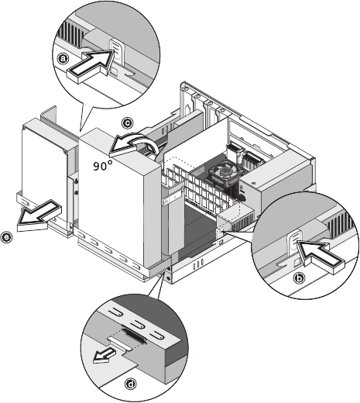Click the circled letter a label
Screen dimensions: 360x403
(63, 59)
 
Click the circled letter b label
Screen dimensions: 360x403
(300, 278)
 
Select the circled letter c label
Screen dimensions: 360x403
(127, 123)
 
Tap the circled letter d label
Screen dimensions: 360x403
(131, 384)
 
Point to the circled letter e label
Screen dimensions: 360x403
(6, 237)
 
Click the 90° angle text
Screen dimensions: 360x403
(103, 165)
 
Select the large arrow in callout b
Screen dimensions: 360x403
(320, 257)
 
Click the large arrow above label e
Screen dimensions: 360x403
(39, 215)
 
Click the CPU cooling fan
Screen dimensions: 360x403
(223, 171)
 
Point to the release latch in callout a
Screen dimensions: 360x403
(116, 51)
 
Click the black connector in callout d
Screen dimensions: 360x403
(135, 336)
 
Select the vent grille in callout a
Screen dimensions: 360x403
(69, 33)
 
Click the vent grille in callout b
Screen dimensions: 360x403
(341, 225)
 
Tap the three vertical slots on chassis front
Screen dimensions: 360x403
(198, 263)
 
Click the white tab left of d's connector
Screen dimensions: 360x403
(119, 342)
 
